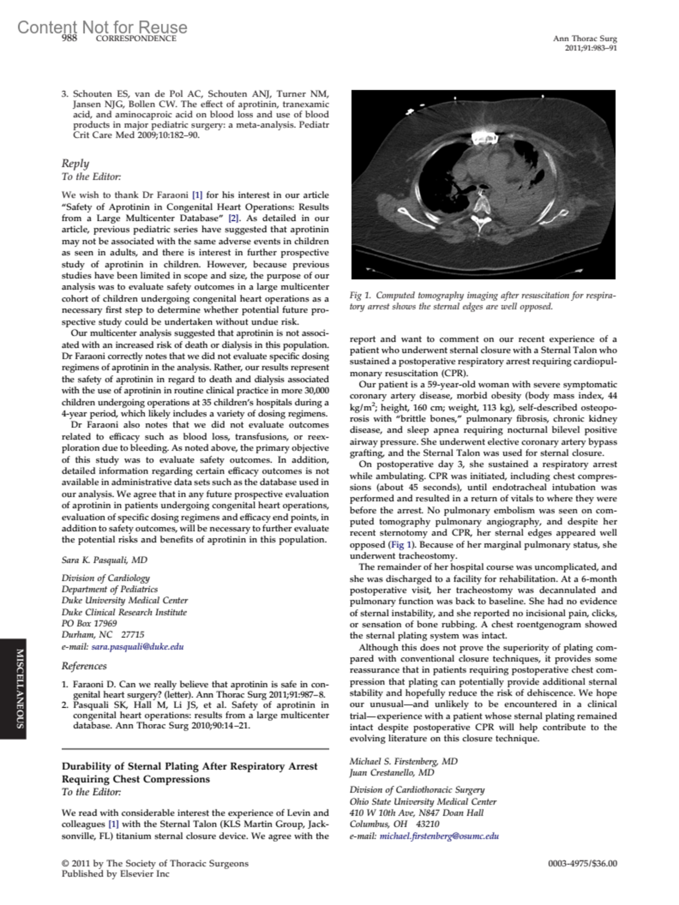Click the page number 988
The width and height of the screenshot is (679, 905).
click(70, 38)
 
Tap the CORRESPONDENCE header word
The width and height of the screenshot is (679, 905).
click(136, 38)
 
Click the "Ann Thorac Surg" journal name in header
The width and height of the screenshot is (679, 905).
click(585, 38)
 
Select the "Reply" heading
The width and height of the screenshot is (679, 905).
click(75, 163)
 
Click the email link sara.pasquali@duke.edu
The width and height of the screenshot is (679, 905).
click(137, 647)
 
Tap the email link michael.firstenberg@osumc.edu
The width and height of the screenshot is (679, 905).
click(439, 836)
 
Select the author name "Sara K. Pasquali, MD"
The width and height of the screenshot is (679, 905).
click(104, 560)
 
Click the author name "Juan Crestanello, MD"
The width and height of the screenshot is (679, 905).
click(392, 773)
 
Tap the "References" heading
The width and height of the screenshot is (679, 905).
click(84, 666)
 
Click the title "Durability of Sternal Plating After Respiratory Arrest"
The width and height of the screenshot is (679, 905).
click(190, 766)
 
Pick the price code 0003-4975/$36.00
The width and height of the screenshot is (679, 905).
click(582, 864)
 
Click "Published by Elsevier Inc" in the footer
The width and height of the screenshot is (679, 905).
click(115, 874)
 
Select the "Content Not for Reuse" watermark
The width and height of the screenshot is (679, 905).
click(102, 27)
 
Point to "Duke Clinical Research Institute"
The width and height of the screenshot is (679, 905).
click(124, 612)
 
